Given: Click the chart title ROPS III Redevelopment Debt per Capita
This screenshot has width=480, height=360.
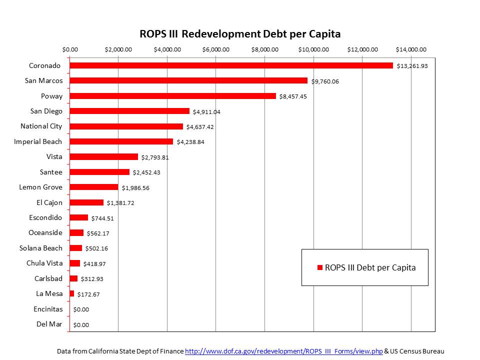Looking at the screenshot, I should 240,34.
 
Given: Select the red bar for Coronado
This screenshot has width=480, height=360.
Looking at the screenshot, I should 231,65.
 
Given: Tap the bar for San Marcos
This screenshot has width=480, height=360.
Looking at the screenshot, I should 188,80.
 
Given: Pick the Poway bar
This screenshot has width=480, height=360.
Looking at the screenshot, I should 172,96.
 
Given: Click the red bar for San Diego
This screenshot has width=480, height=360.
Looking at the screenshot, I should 129,111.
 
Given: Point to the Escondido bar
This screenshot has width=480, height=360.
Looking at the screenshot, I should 79,217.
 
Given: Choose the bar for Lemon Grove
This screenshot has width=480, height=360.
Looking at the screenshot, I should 94,187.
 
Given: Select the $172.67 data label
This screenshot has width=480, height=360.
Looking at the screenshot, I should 88,294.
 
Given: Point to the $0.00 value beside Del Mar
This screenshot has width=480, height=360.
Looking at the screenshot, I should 81,324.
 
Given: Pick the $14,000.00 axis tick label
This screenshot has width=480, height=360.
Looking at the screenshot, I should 411,49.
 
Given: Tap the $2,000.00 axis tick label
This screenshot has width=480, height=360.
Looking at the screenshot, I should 118,49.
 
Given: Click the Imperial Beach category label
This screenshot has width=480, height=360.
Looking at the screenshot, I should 38,141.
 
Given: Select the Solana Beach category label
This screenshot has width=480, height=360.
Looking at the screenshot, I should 41,248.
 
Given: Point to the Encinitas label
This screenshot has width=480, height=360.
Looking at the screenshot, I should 48,309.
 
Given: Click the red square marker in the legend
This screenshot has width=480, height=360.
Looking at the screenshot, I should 320,267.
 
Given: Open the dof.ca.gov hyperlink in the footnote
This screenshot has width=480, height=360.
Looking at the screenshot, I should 284,351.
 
